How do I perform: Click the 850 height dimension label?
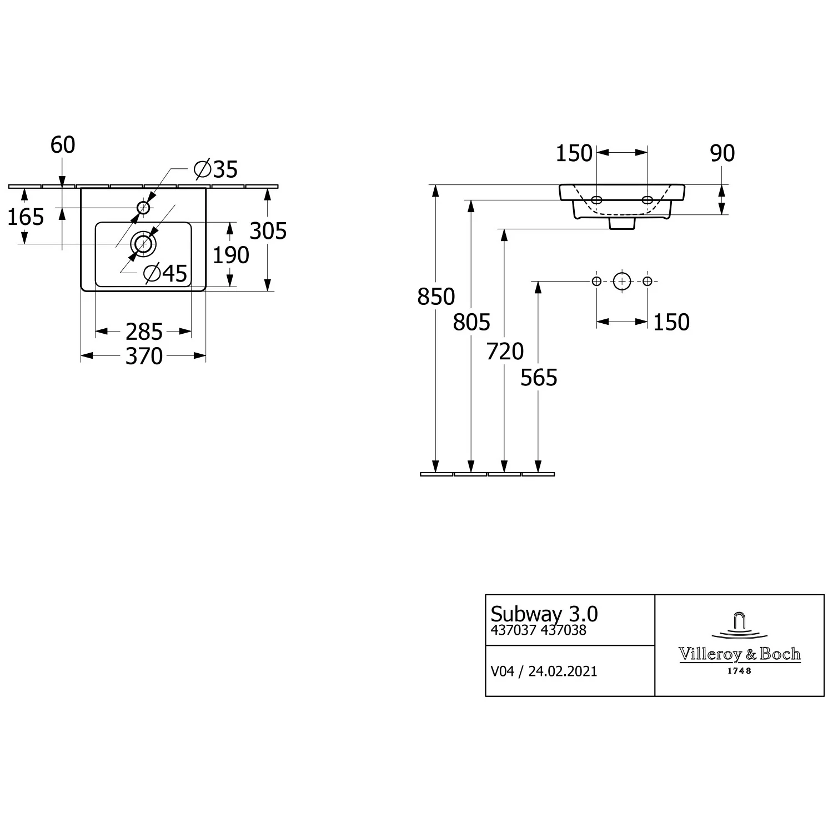[436, 297]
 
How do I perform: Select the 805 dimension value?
[471, 322]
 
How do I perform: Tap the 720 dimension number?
[505, 352]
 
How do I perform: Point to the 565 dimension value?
[539, 378]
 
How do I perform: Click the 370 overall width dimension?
[144, 356]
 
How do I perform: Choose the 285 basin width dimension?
[144, 332]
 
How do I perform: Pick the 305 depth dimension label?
[268, 231]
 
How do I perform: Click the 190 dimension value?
[231, 255]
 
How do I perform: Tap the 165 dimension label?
[26, 217]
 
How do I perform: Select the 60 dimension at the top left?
[63, 145]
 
